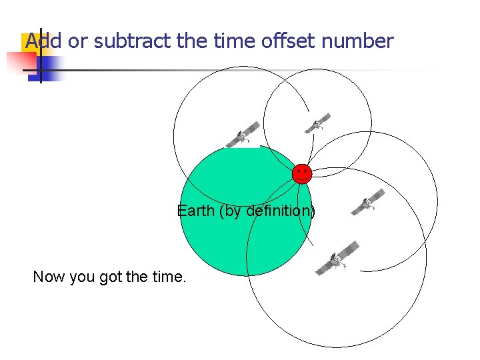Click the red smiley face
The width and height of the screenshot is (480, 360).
pyautogui.click(x=302, y=173)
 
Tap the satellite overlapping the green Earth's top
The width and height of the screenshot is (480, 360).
pyautogui.click(x=243, y=135)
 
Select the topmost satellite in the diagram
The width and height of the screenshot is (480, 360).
pyautogui.click(x=318, y=123)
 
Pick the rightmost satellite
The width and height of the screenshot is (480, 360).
pyautogui.click(x=369, y=202)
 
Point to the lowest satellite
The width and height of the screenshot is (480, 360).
pyautogui.click(x=337, y=258)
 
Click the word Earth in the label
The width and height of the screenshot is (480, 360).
pyautogui.click(x=196, y=211)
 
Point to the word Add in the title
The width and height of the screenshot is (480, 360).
pyautogui.click(x=43, y=41)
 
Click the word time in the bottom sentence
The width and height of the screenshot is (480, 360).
pyautogui.click(x=167, y=277)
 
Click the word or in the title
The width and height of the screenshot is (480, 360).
pyautogui.click(x=78, y=41)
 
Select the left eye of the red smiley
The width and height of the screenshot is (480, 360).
pyautogui.click(x=299, y=171)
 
